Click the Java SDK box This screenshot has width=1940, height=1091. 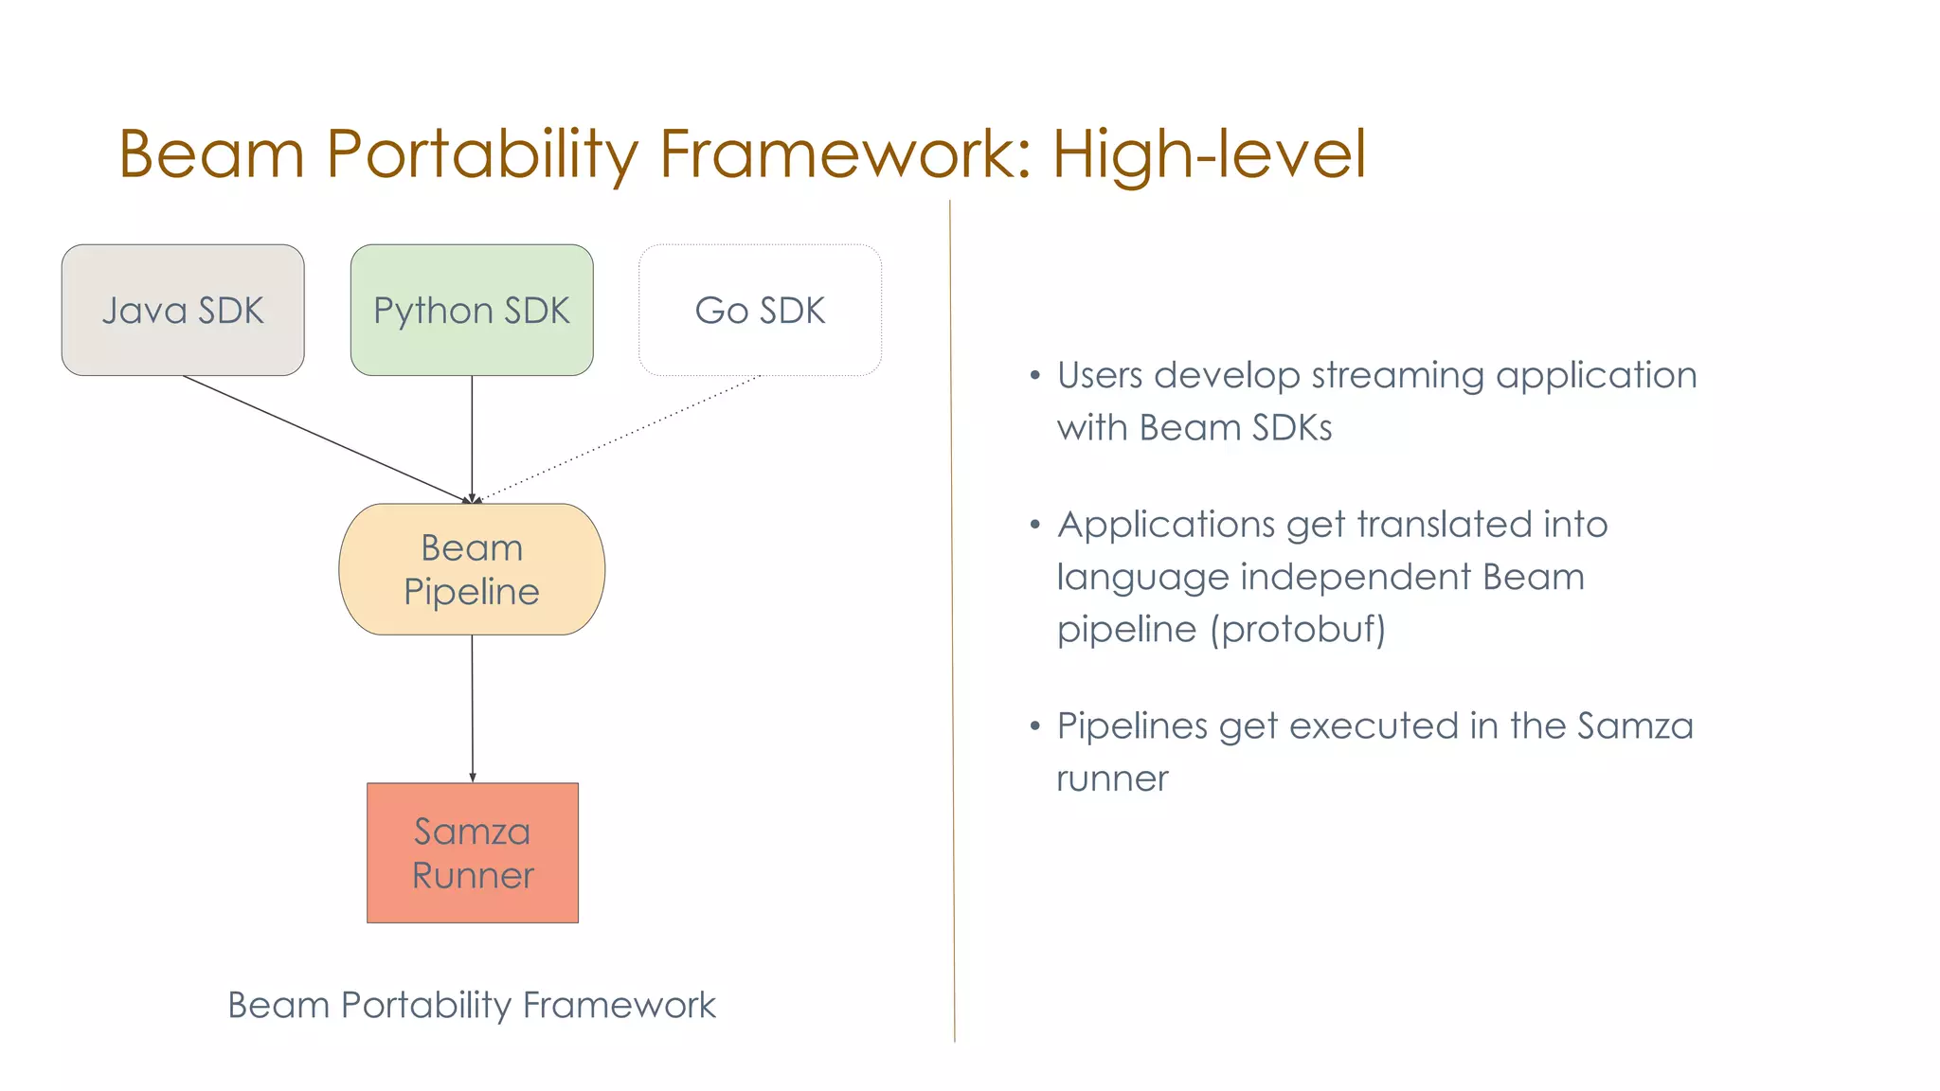tap(183, 311)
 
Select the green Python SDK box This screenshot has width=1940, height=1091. tap(472, 311)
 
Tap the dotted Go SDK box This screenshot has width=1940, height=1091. tap(760, 311)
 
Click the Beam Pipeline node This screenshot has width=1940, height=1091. tap(472, 569)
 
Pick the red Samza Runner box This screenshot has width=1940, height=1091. tap(473, 852)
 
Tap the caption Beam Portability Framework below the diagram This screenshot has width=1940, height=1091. tap(472, 1005)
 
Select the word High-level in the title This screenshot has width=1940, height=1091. tap(1209, 153)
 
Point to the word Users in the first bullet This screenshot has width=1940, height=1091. tap(1100, 375)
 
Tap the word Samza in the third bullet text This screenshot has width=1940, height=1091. tap(1634, 726)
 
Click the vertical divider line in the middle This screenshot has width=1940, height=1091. tap(952, 616)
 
